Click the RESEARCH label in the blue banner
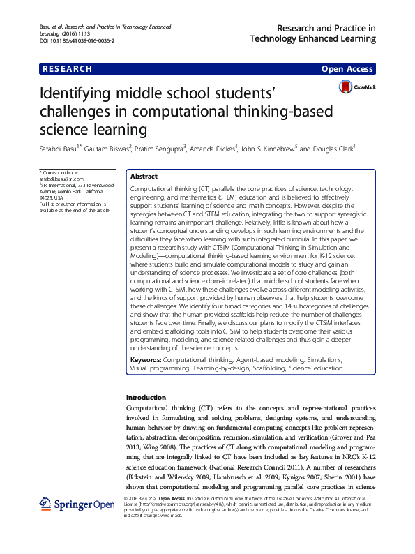point(67,69)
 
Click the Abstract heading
point(144,177)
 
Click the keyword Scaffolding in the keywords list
point(262,368)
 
